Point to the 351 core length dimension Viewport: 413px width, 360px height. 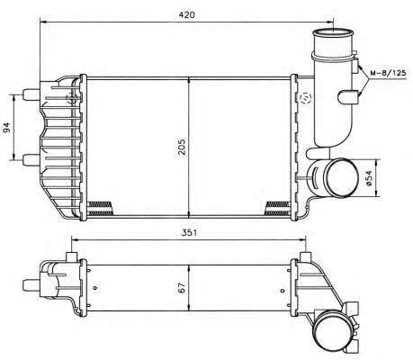[x=187, y=231]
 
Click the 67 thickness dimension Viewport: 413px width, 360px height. [x=182, y=290]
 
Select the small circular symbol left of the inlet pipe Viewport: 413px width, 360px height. [x=307, y=98]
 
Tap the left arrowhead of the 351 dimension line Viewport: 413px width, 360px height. [x=74, y=239]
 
